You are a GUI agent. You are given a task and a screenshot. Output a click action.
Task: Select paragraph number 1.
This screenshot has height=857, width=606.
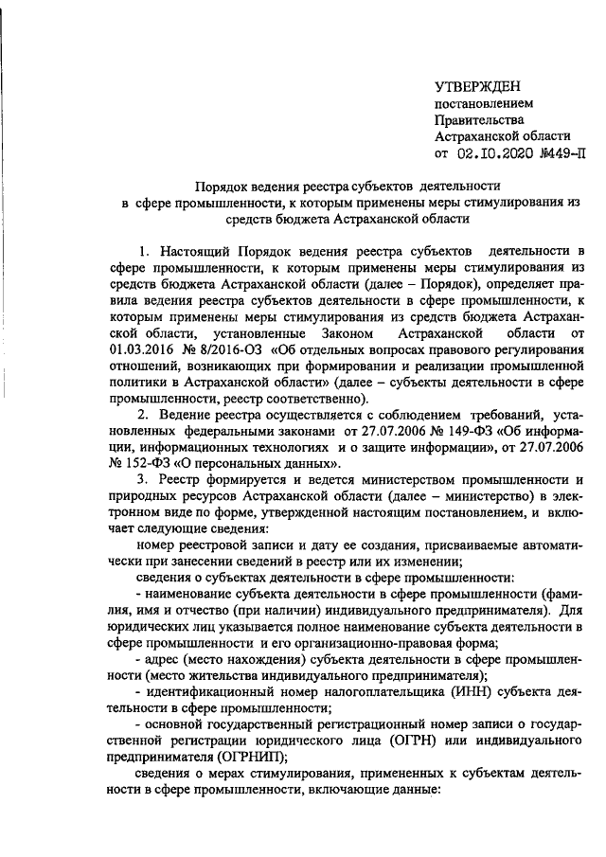pyautogui.click(x=143, y=251)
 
